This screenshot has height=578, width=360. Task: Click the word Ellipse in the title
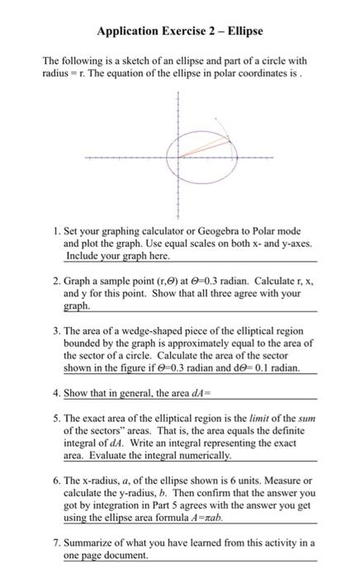tap(240, 31)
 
